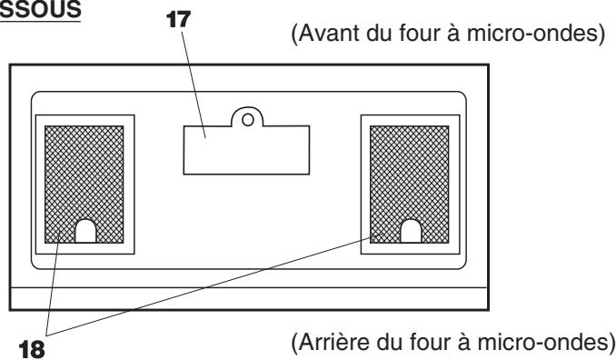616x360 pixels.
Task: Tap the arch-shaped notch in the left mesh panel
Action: (x=85, y=231)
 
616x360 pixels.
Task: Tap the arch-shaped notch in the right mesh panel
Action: (x=412, y=231)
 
